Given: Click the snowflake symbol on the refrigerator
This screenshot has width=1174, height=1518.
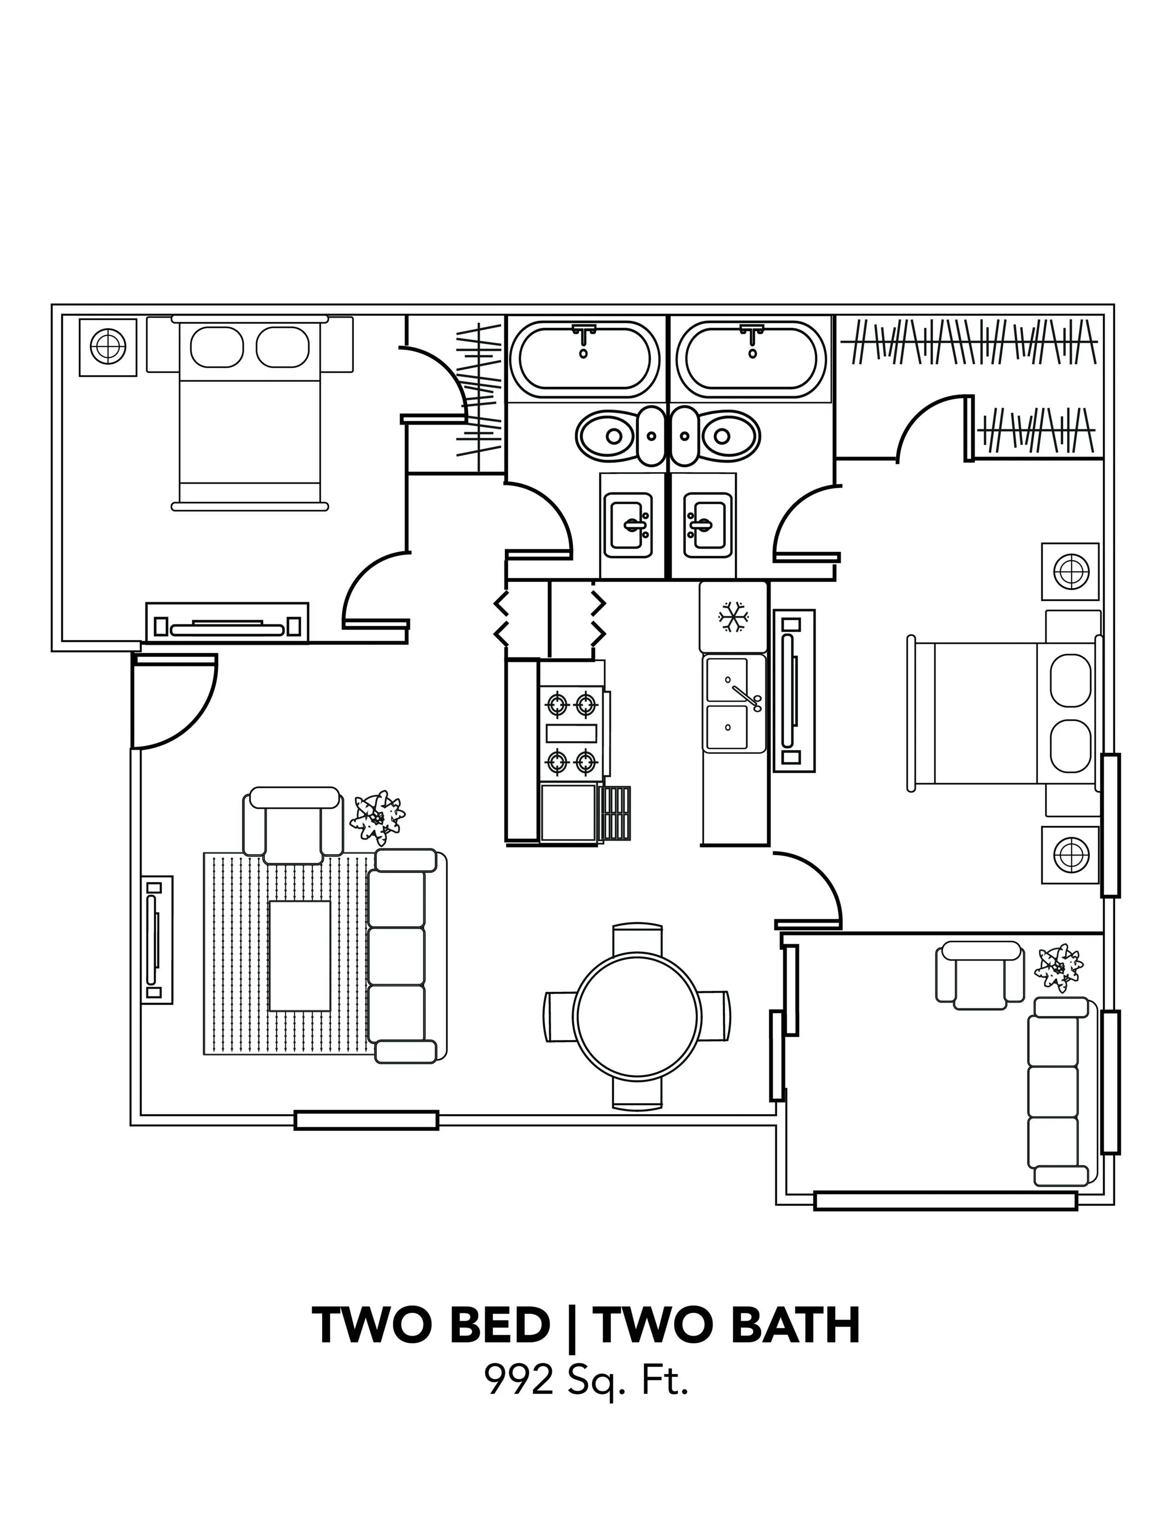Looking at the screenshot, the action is pos(733,617).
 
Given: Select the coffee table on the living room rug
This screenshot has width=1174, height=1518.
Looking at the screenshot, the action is pos(300,956).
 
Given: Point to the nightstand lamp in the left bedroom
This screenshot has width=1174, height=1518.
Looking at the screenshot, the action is pos(107,346).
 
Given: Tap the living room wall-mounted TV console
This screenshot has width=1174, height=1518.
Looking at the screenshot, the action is pos(157,939).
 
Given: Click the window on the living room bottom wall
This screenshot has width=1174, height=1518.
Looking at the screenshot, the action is pos(366,1120).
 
